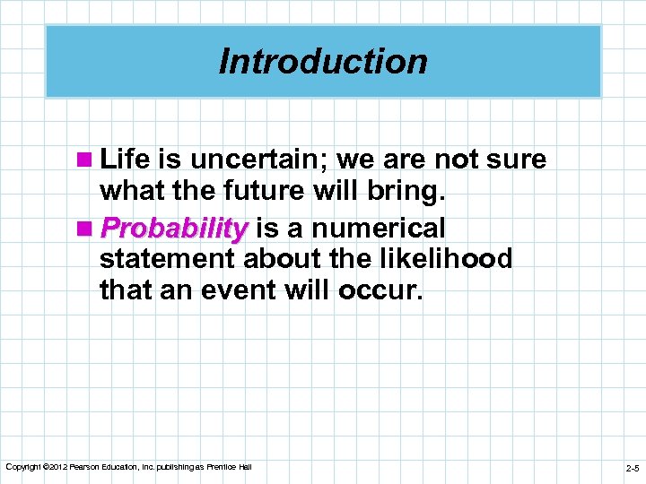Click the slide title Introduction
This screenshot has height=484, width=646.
(323, 62)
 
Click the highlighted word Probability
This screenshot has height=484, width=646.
(174, 229)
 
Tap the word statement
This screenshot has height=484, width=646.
(165, 259)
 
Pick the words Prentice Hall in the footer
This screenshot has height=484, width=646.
(230, 468)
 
